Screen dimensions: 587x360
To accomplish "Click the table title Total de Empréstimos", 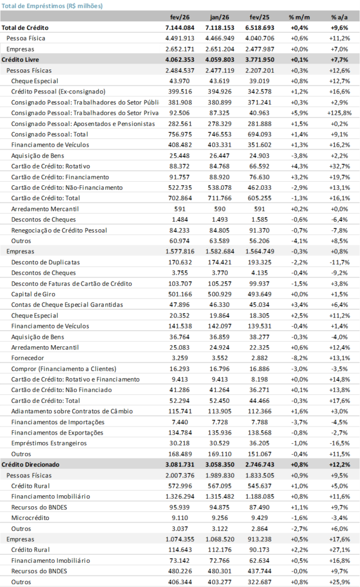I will pyautogui.click(x=52, y=6).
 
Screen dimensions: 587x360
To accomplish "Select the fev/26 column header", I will pyautogui.click(x=178, y=17).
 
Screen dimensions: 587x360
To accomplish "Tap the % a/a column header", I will pyautogui.click(x=338, y=17).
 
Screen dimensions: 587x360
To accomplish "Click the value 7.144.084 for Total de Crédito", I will pyautogui.click(x=178, y=28).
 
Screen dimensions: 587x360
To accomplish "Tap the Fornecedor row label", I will pyautogui.click(x=28, y=358).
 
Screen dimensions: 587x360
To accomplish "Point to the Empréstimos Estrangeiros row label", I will pyautogui.click(x=49, y=443).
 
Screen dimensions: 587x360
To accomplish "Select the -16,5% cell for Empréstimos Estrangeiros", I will pyautogui.click(x=338, y=443).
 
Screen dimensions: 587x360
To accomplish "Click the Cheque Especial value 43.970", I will pyautogui.click(x=181, y=81).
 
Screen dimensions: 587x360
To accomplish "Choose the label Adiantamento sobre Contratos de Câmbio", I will pyautogui.click(x=68, y=411).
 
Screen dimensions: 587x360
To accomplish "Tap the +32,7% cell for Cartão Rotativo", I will pyautogui.click(x=338, y=166).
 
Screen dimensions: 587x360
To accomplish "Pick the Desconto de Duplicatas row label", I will pyautogui.click(x=45, y=262).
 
